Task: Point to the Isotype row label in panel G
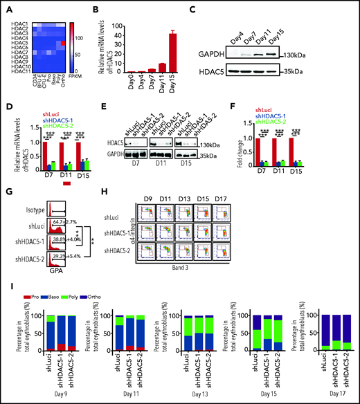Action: click(x=24, y=225)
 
